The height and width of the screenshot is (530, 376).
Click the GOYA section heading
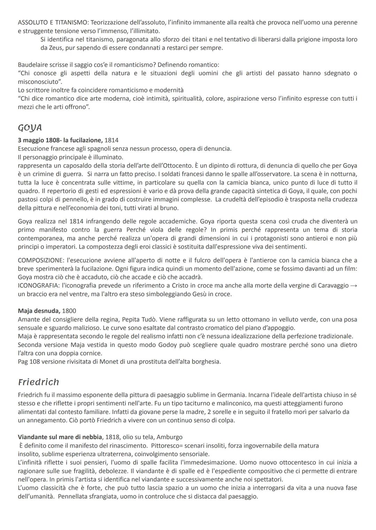pos(30,128)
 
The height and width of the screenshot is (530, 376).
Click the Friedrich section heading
pos(38,382)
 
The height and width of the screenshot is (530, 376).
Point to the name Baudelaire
pos(34,65)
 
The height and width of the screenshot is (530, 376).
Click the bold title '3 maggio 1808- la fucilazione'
pos(60,140)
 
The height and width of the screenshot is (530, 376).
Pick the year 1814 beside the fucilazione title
pos(111,140)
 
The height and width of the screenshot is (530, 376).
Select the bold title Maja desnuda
pos(39,311)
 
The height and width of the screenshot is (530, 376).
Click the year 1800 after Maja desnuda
pos(69,311)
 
